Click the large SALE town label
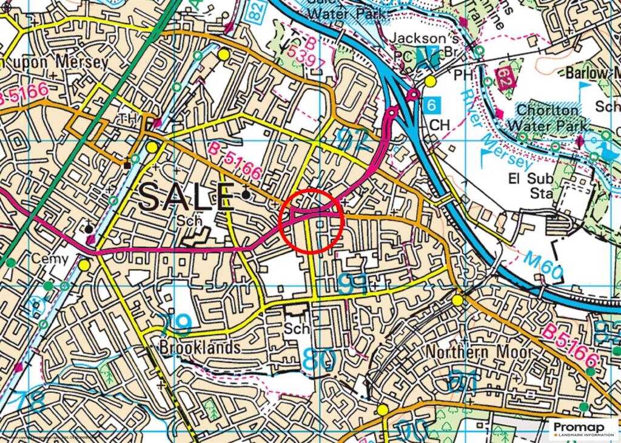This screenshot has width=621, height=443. click(186, 197)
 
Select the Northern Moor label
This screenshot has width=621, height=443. click(478, 353)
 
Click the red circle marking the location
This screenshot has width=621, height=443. click(312, 219)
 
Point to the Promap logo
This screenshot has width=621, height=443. click(583, 429)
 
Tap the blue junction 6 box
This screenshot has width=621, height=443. click(431, 104)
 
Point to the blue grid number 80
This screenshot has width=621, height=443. click(319, 360)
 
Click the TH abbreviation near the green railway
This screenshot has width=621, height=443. click(129, 117)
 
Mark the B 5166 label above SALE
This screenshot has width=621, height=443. click(235, 160)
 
